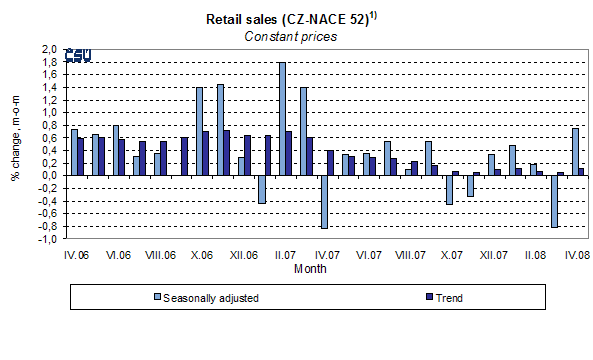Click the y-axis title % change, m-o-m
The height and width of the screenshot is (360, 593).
tap(16, 141)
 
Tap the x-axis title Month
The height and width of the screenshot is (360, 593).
tap(309, 268)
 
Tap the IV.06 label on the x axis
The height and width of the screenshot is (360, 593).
tap(77, 256)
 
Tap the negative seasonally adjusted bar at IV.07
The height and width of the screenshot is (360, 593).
tap(325, 201)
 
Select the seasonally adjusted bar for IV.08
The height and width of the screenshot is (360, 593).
tap(575, 151)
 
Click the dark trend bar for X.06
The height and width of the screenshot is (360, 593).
tap(206, 153)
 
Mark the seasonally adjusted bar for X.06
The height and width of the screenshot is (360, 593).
tap(199, 131)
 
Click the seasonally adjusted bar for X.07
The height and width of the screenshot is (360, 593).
tap(450, 189)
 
